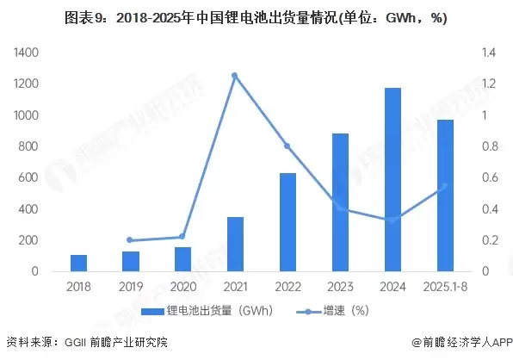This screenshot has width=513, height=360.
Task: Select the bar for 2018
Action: (x=78, y=263)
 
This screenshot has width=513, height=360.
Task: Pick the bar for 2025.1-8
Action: (x=444, y=196)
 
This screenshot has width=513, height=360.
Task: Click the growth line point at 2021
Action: (x=234, y=76)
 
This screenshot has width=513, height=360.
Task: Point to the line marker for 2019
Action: (x=130, y=240)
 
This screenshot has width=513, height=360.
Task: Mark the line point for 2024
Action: (x=392, y=220)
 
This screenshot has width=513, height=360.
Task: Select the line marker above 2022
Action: (x=287, y=146)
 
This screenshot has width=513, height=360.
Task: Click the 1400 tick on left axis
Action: (x=26, y=53)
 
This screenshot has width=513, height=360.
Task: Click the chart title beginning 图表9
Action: (x=256, y=17)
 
